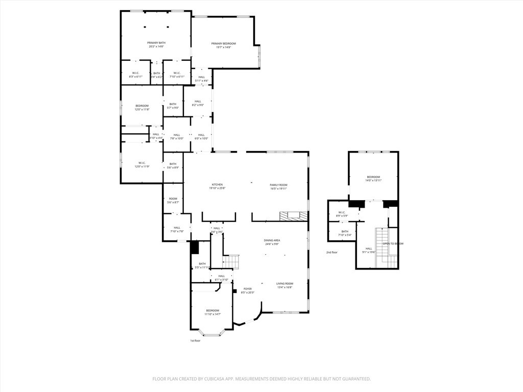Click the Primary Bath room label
pos(156,44)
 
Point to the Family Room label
pos(278,186)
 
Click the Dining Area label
pos(272,242)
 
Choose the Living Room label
pos(284,285)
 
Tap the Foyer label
pos(247,290)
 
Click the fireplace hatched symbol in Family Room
pos(294,215)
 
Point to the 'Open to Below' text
pos(393,243)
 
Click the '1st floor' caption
pos(195,340)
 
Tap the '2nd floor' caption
pos(332,252)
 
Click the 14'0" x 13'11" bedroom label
pos(374,179)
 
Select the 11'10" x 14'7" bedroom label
pos(212,312)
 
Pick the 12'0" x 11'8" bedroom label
pos(142,107)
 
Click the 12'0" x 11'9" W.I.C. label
pos(142,165)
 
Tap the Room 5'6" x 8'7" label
pos(173,201)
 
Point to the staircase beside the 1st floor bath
pos(232,261)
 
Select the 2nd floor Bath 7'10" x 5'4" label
pos(345,233)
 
